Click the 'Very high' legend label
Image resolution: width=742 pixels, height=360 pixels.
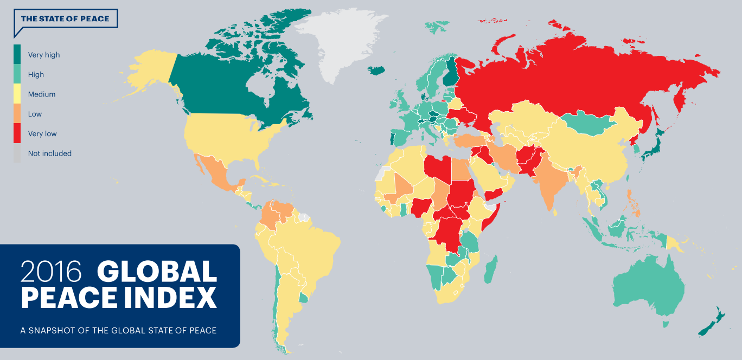[44, 55]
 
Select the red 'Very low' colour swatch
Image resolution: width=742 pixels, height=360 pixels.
[17, 133]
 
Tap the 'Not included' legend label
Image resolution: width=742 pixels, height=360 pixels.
[49, 153]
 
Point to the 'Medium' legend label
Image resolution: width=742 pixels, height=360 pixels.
[42, 94]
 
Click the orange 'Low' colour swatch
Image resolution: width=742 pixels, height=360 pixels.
[17, 114]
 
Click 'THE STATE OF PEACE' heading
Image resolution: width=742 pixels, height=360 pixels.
[65, 19]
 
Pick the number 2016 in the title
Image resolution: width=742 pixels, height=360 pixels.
[52, 272]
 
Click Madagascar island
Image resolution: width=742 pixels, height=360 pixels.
[491, 270]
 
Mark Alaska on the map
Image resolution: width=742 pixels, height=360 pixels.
[149, 73]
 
